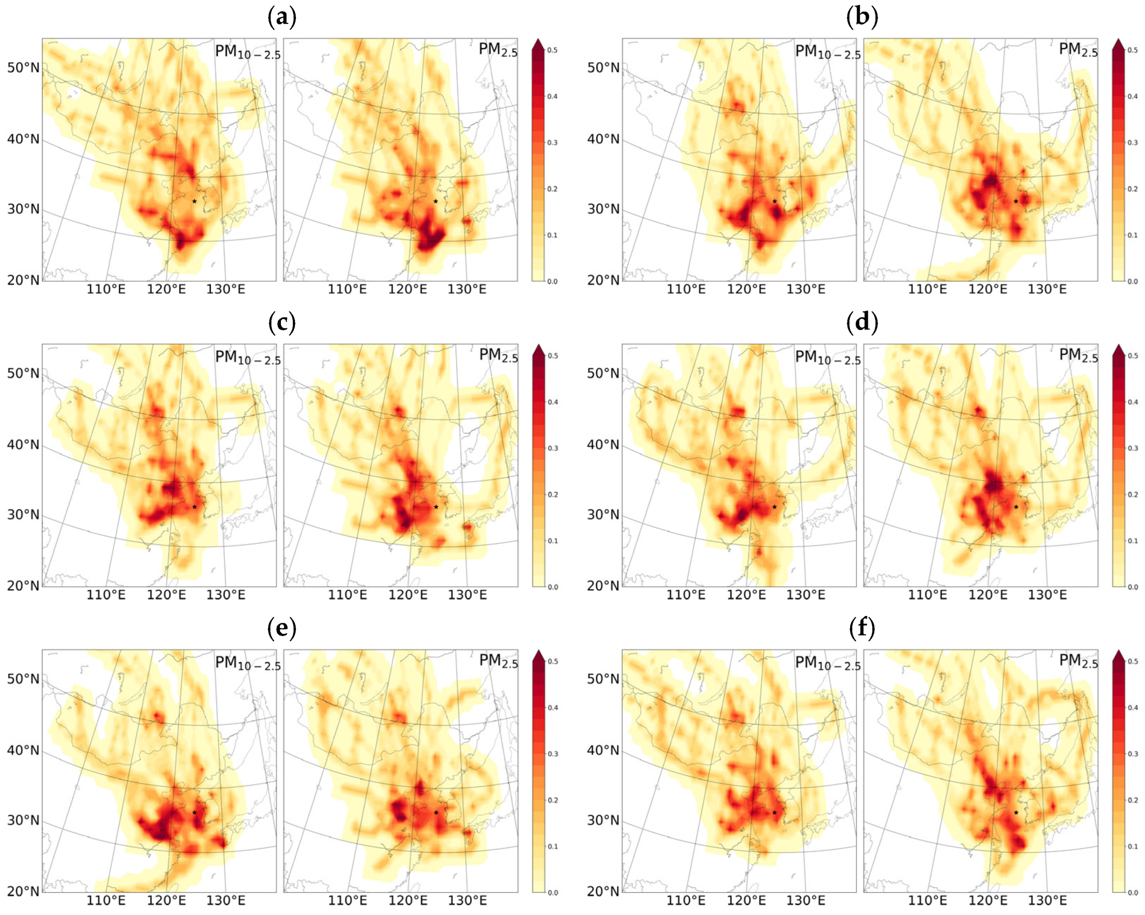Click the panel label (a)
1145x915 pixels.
[282, 17]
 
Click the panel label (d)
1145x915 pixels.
[862, 323]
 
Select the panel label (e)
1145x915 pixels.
[282, 628]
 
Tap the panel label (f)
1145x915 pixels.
[862, 628]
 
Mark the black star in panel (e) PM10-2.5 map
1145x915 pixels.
[194, 812]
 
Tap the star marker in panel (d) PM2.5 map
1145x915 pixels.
[1016, 507]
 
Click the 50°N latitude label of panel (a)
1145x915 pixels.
[23, 68]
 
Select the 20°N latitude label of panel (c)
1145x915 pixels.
[23, 585]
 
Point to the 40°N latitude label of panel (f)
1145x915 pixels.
[603, 750]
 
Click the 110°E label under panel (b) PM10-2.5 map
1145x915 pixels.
[686, 289]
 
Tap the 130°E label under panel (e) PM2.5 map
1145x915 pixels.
[467, 900]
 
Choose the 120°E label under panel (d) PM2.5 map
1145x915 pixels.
[988, 595]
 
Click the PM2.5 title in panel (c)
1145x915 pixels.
[498, 355]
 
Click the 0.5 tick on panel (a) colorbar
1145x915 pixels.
[552, 50]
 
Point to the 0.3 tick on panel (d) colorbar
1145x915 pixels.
[1132, 448]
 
